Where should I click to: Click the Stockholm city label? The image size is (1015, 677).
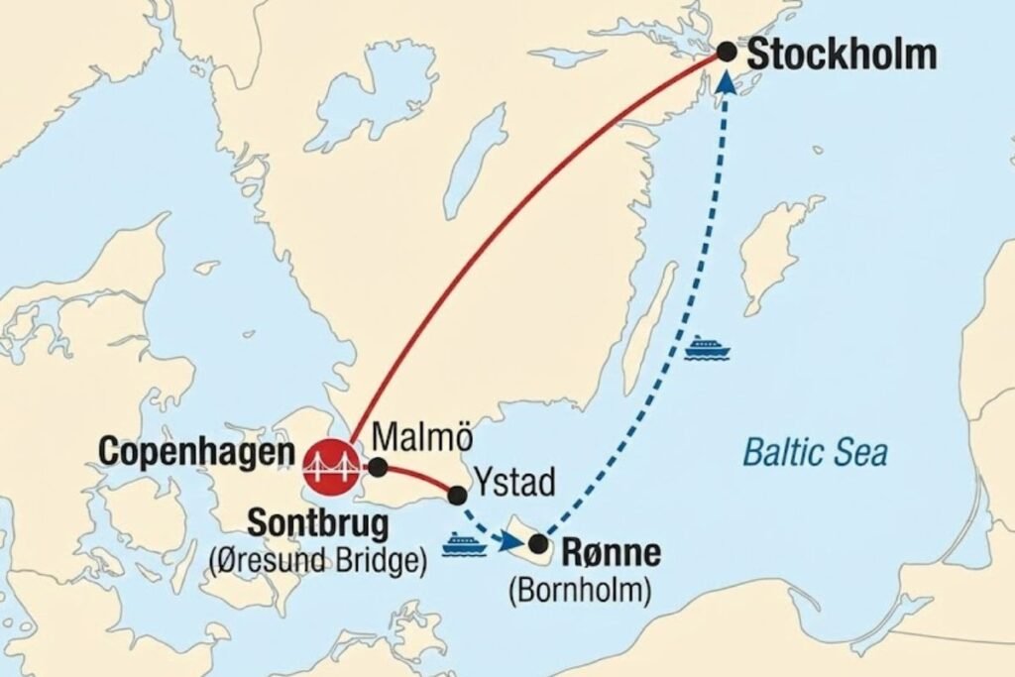(842, 55)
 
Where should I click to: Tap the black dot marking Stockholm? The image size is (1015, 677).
(728, 52)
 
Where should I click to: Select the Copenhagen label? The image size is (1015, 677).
(198, 453)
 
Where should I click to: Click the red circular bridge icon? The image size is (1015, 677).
(332, 465)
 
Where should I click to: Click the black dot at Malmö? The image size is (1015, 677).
(378, 467)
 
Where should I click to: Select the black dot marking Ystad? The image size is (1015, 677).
(457, 494)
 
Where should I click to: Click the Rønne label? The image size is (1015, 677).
(613, 551)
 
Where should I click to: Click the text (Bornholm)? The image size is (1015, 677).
(580, 591)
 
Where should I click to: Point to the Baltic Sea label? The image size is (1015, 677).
(815, 453)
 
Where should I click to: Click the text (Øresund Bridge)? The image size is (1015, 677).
(317, 560)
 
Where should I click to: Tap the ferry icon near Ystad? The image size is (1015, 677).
(463, 544)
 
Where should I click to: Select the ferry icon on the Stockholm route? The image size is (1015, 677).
(707, 347)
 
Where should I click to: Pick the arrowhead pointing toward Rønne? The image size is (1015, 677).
(511, 541)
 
